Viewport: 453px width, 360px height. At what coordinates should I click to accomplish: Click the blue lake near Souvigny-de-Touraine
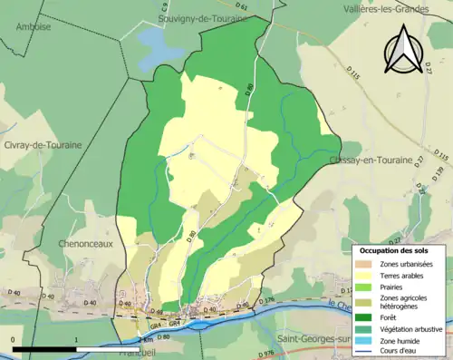(159, 47)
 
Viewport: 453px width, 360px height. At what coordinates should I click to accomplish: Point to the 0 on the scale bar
(14, 339)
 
